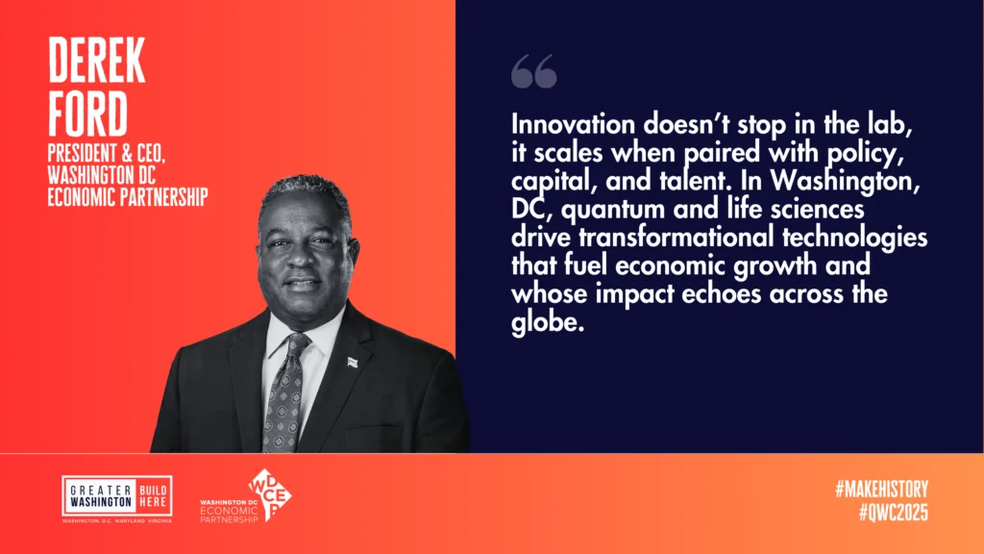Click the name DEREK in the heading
(x=97, y=60)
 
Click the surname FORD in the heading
(x=87, y=113)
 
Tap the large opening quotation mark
(x=534, y=71)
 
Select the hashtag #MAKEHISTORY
(x=881, y=490)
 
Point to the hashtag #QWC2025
(x=893, y=513)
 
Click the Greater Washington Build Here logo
(x=117, y=499)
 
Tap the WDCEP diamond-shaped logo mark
(x=270, y=494)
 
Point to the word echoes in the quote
(x=721, y=294)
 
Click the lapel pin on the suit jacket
(x=352, y=362)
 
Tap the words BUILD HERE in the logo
(x=153, y=496)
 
